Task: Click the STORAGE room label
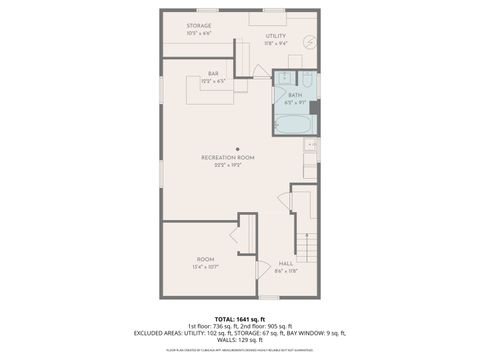point(199,26)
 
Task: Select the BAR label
point(213,73)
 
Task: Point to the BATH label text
point(295,95)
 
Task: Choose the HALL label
point(285,262)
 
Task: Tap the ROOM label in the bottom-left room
point(205,259)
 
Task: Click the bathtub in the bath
point(294,124)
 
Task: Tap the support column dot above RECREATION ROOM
point(237,148)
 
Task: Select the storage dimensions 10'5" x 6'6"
point(199,33)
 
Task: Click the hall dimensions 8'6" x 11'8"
point(285,269)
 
